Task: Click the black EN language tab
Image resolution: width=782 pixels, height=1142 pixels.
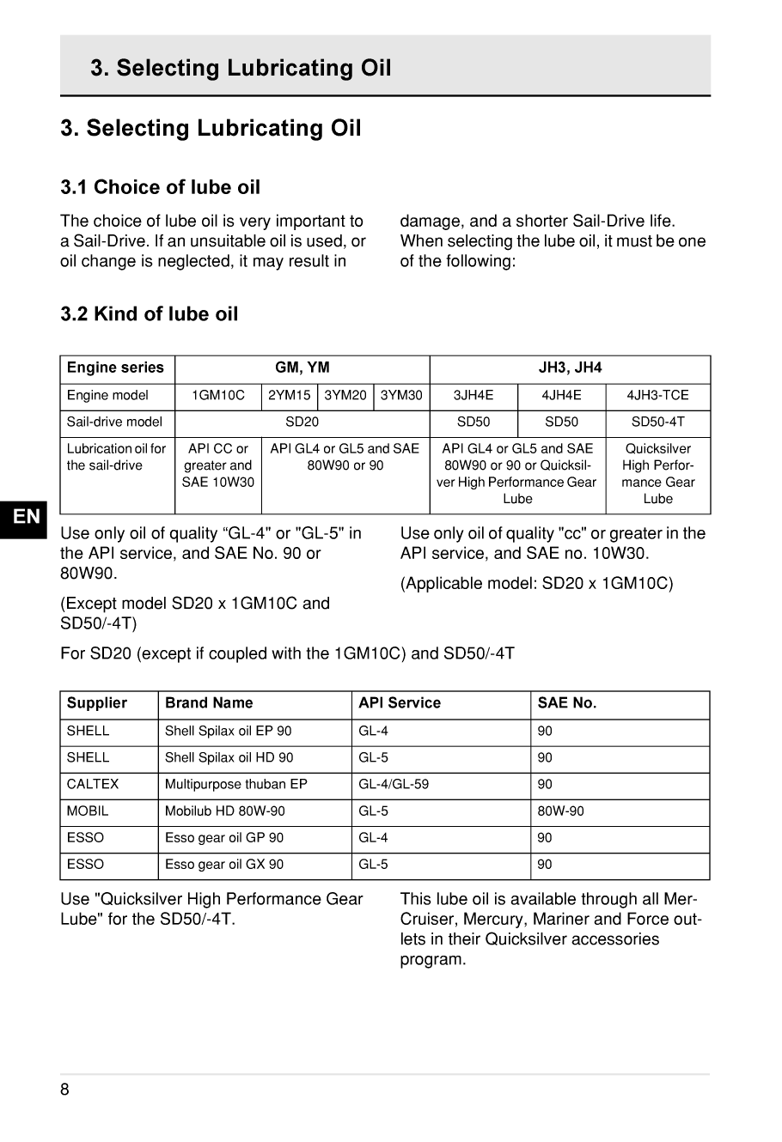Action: pos(27,516)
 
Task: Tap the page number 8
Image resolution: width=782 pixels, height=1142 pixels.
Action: pos(65,1090)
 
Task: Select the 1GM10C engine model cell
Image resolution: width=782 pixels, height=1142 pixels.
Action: pos(217,395)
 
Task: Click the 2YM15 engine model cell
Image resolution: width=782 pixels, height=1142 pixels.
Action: pos(290,395)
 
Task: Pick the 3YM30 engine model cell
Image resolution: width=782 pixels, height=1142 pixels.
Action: pos(401,395)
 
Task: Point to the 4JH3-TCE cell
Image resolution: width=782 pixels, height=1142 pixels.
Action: pos(657,395)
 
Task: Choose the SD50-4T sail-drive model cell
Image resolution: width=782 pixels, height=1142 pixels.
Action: pos(657,422)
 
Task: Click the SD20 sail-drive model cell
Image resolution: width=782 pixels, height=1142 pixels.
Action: pos(302,422)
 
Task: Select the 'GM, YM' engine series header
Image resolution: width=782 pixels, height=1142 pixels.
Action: pos(302,368)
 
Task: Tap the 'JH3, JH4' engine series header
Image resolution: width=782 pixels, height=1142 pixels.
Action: pos(570,368)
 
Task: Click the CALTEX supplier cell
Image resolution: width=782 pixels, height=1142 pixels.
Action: pos(93,784)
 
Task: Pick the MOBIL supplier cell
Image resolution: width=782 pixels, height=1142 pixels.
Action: pos(88,811)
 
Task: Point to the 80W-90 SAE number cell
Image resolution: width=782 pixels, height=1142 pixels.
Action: pos(560,811)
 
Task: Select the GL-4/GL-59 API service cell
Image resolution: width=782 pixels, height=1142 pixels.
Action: pos(394,784)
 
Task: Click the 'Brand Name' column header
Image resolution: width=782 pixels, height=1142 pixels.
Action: pos(209,702)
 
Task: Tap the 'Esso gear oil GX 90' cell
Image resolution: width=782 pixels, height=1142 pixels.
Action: pos(224,864)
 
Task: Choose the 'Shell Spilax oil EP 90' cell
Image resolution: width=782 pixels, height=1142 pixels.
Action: pos(229,731)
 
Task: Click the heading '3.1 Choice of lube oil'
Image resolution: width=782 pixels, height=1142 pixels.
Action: pos(160,187)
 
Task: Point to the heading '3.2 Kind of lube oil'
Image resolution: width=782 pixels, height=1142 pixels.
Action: pos(149,314)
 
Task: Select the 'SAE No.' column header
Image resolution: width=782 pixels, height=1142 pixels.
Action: pos(566,702)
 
